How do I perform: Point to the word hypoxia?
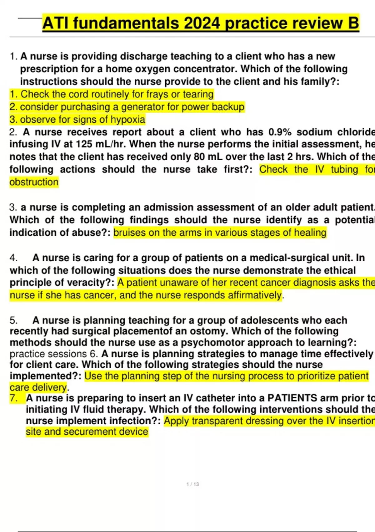pyautogui.click(x=128, y=120)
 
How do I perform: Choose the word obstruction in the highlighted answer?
pyautogui.click(x=34, y=182)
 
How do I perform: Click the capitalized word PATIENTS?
pyautogui.click(x=292, y=398)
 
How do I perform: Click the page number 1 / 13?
pyautogui.click(x=192, y=484)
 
